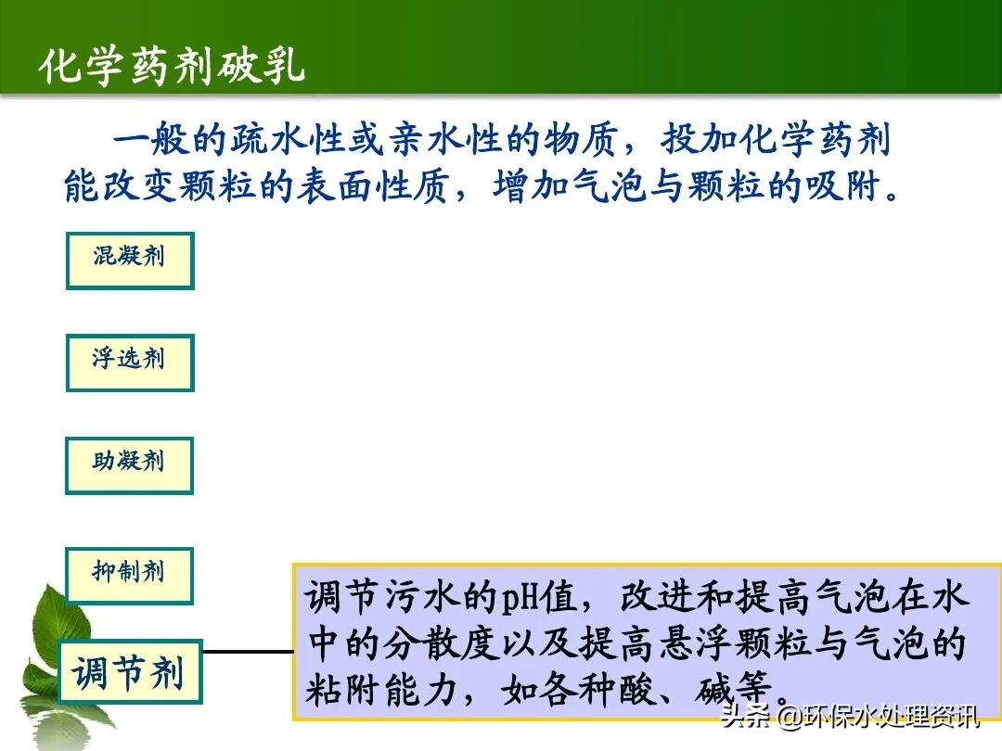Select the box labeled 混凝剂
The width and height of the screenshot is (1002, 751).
(129, 260)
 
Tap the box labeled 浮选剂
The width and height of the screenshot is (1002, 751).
(129, 363)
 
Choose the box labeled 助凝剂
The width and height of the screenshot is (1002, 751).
(129, 465)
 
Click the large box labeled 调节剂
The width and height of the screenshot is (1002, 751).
(129, 671)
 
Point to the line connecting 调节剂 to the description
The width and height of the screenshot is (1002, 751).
(247, 652)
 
